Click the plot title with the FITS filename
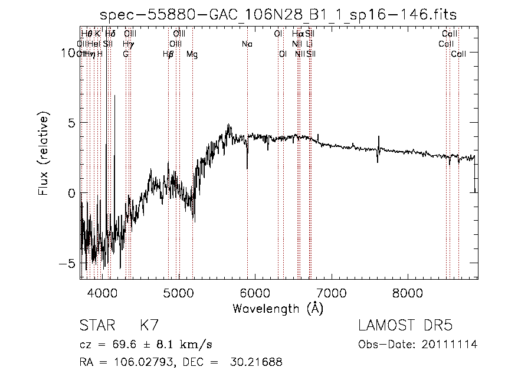[279, 14]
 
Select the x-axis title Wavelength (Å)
[278, 308]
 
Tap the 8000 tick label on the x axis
[408, 292]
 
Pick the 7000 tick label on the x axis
[332, 292]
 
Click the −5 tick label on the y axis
[68, 263]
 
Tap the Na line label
[247, 44]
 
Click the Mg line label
[192, 54]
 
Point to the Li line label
[310, 44]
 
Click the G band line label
[126, 54]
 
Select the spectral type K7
[149, 326]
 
